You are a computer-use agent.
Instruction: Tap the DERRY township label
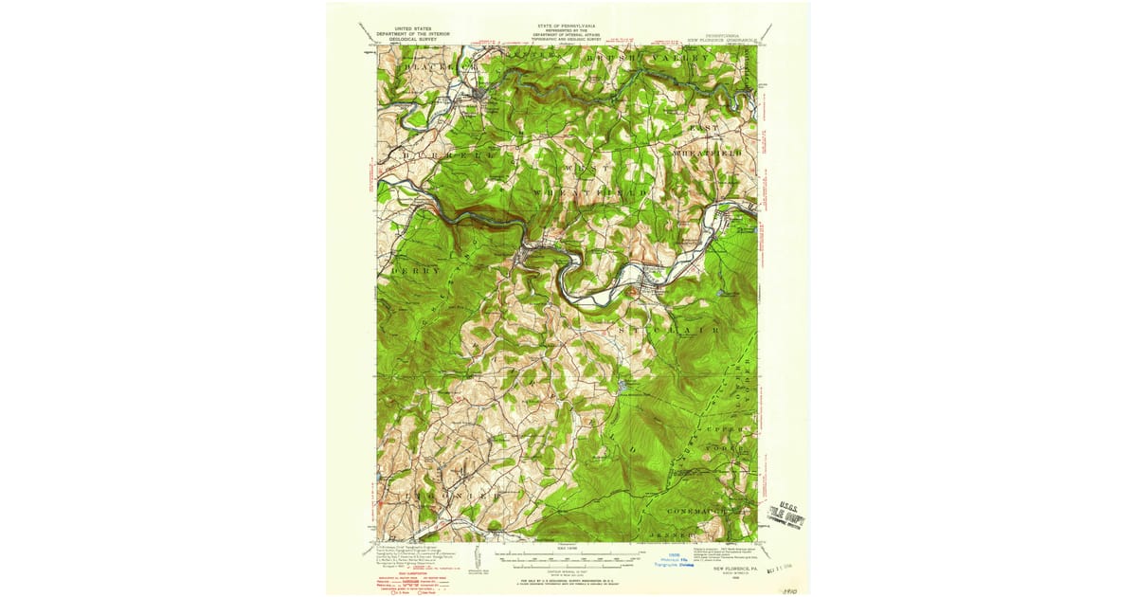(416, 270)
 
